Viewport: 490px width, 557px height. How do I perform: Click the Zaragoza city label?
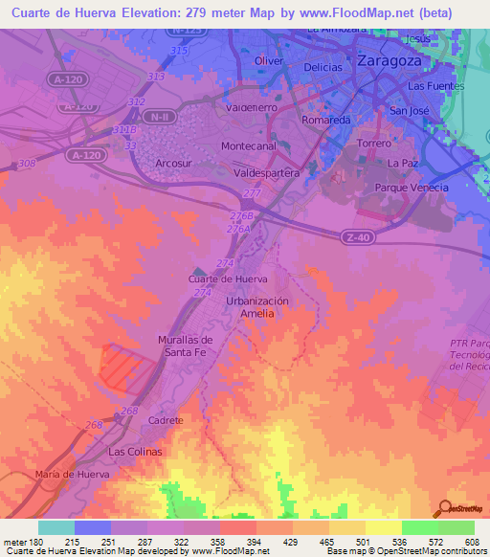tap(390, 59)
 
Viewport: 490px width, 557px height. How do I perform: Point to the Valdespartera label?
tap(267, 173)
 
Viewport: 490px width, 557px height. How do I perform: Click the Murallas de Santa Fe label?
tap(184, 345)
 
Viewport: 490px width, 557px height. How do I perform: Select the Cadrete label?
tap(166, 420)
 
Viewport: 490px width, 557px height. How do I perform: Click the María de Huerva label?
tap(74, 475)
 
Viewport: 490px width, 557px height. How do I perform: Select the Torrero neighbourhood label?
tap(373, 143)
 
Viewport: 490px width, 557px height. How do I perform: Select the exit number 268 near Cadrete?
tap(129, 411)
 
